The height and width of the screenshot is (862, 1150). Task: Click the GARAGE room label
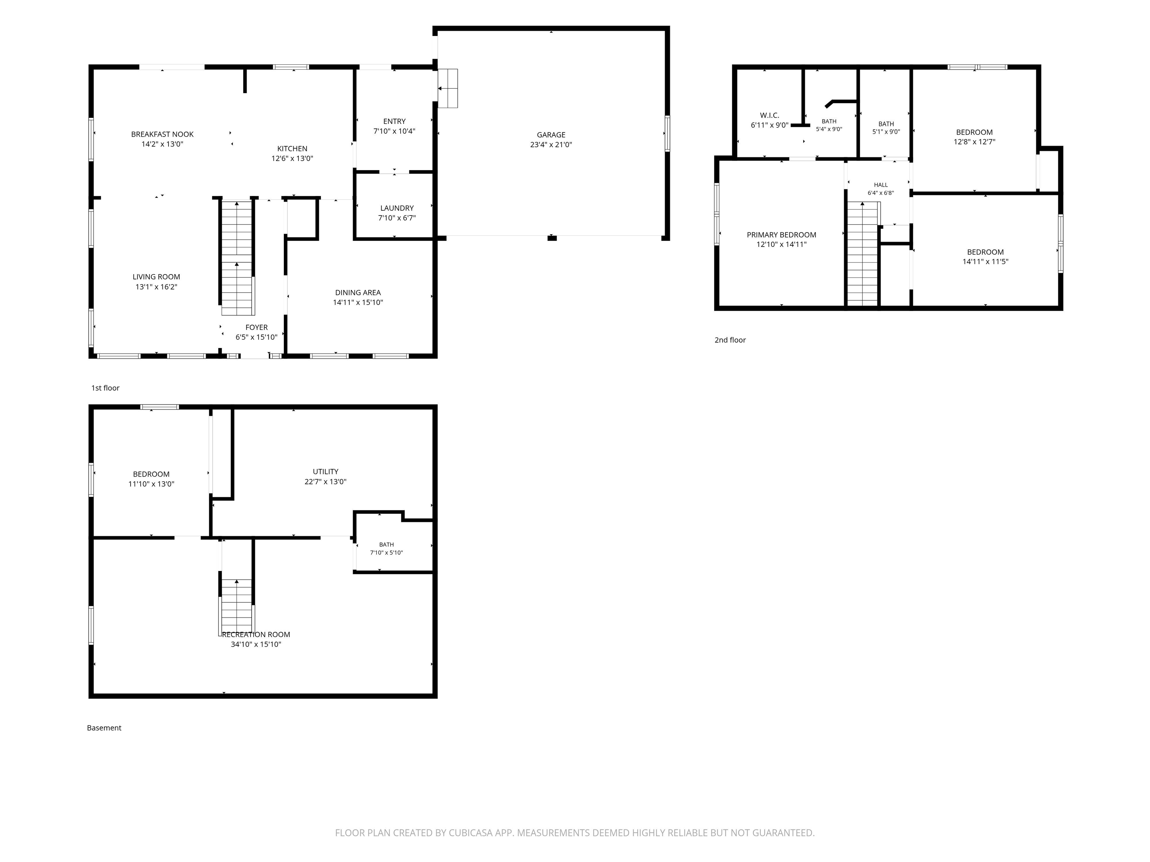551,135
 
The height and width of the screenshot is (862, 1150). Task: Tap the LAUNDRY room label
397,208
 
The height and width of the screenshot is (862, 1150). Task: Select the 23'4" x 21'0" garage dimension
551,145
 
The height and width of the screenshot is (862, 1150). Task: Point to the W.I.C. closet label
769,115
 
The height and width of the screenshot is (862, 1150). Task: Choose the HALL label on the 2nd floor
881,185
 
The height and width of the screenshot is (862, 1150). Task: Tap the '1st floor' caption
106,388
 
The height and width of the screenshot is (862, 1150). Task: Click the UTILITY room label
325,472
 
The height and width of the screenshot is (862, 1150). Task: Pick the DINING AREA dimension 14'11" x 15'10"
358,302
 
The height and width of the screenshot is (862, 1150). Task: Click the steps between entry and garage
448,88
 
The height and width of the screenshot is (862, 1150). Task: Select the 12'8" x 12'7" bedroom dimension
974,142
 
